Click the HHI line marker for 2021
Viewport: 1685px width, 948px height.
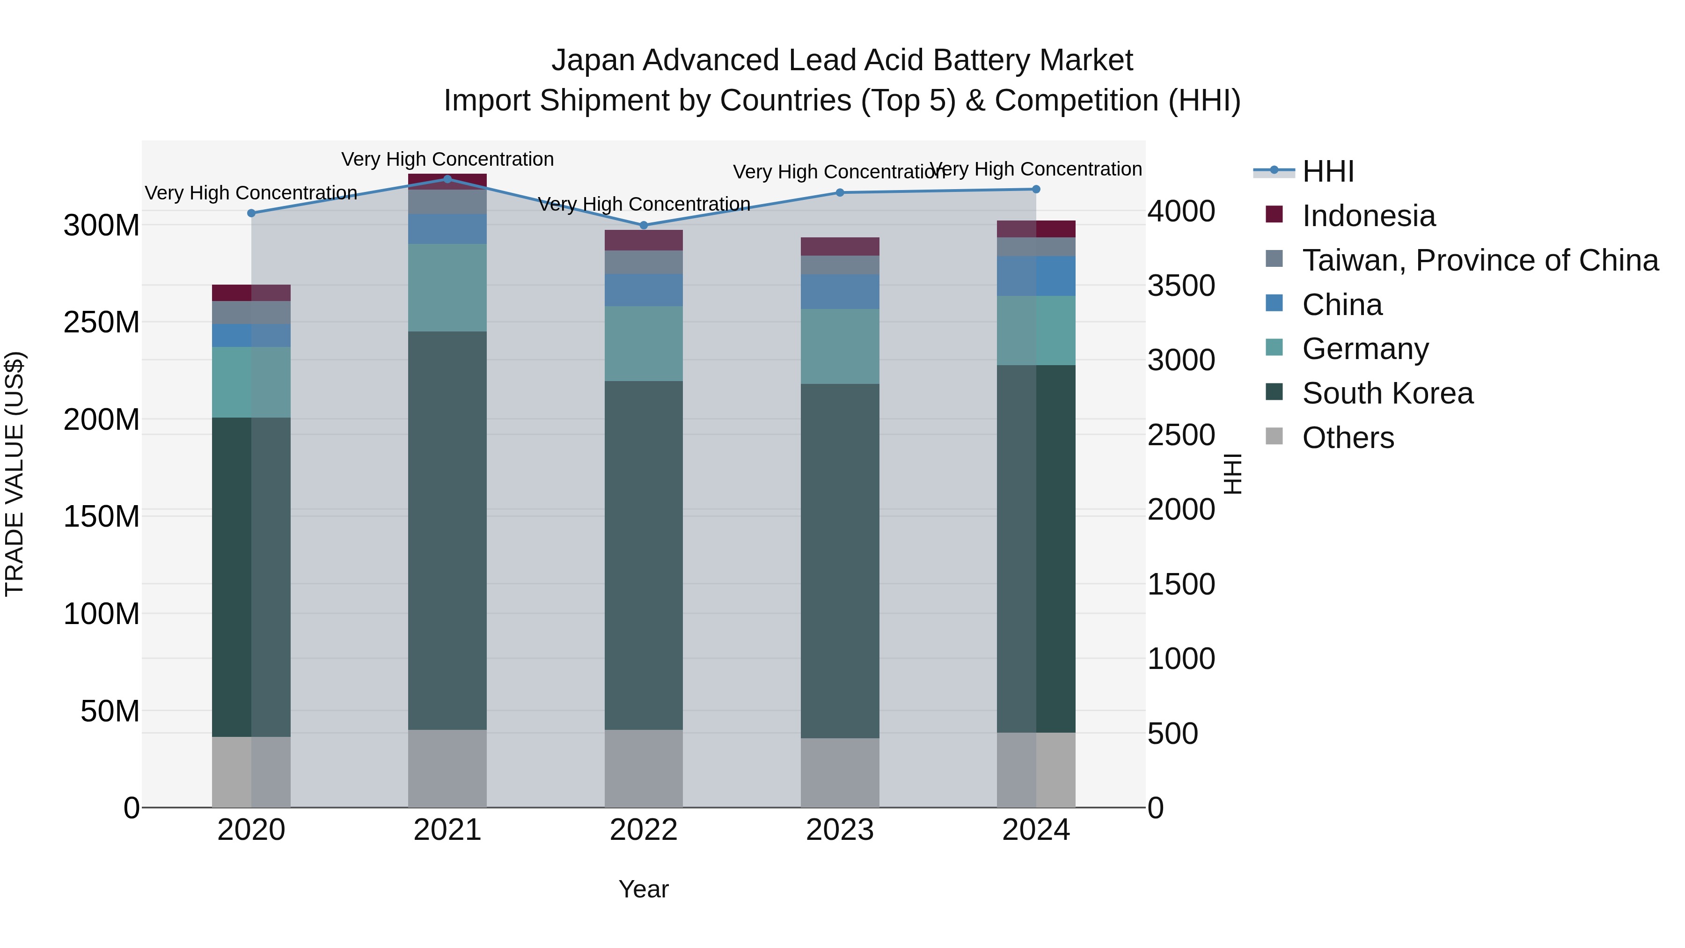click(x=447, y=179)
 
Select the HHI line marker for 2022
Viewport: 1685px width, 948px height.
click(x=644, y=225)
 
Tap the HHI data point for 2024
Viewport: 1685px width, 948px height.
click(x=1036, y=189)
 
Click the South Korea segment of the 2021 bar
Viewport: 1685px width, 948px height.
click(x=447, y=530)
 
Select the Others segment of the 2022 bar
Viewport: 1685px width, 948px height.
click(x=644, y=768)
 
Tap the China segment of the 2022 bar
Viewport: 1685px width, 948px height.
click(x=644, y=290)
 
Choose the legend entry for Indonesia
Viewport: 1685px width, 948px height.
click(x=1369, y=216)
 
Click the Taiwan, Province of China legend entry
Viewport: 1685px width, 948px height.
click(x=1480, y=260)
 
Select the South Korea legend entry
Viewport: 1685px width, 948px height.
click(x=1387, y=393)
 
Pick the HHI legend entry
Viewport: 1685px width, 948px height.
click(x=1328, y=171)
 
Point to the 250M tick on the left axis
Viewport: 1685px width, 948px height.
click(x=102, y=322)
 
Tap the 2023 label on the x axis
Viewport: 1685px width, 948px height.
click(x=840, y=830)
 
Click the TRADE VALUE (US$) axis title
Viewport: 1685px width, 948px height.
click(x=15, y=474)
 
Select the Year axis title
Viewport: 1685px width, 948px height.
click(x=644, y=889)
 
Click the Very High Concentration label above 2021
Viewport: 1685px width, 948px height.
click(x=447, y=159)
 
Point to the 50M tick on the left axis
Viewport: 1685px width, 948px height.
click(x=110, y=711)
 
